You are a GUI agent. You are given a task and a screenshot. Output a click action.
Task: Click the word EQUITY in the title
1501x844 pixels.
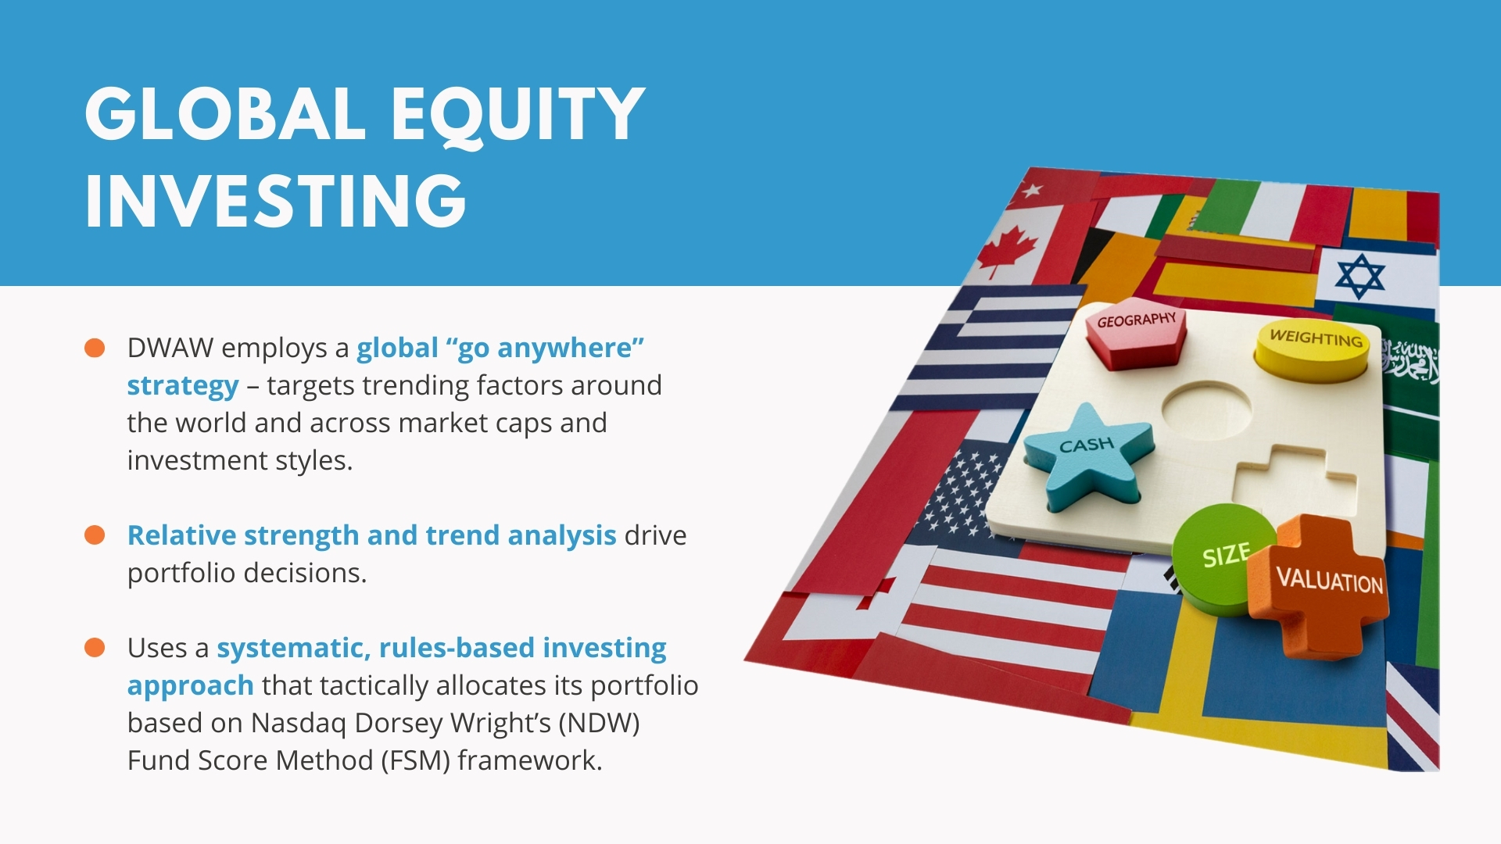[518, 115]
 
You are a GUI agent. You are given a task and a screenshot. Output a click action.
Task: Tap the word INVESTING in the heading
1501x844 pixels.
[276, 201]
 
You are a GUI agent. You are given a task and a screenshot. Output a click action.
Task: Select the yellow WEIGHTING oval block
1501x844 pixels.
[1313, 349]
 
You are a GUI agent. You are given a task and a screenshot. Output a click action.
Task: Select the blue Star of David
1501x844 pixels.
[1360, 276]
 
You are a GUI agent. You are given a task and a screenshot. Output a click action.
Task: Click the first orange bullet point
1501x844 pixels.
[95, 348]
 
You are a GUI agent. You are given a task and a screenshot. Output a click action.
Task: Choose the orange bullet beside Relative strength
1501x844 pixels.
[95, 535]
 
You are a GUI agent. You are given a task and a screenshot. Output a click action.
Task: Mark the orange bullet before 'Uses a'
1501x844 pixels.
[95, 648]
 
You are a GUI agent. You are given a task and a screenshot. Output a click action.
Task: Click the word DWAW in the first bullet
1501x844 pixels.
[170, 348]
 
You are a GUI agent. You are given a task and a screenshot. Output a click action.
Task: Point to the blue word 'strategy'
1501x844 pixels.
[183, 386]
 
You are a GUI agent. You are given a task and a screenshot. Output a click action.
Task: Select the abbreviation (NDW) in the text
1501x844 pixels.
[599, 724]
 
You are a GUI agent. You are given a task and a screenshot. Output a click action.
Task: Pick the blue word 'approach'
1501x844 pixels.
[191, 686]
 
